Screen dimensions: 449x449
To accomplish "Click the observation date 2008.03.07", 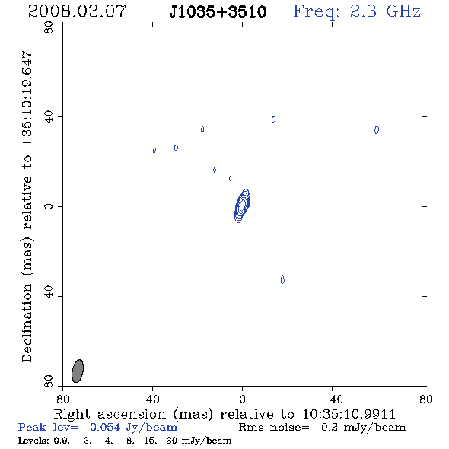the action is [77, 11].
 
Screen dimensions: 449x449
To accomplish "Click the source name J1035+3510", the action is [218, 11].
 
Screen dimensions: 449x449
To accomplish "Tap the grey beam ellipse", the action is [78, 371].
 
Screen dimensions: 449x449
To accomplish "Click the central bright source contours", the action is [242, 205].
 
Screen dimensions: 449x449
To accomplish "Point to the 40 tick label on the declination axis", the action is [49, 116].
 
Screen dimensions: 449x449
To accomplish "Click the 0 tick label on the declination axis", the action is [49, 206].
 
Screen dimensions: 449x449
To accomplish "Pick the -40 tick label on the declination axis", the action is [49, 296].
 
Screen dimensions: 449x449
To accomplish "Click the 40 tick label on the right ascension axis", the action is [152, 400].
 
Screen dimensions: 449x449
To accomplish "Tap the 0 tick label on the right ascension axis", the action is [242, 400].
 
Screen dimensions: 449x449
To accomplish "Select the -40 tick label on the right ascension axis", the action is [332, 400].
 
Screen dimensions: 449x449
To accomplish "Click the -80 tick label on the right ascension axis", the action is [422, 400].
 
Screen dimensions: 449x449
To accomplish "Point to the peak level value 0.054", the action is [105, 427].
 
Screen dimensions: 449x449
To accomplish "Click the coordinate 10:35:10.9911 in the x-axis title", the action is [349, 414].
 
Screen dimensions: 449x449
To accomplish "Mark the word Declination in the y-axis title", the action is [27, 323].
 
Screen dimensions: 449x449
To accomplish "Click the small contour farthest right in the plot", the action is [377, 129].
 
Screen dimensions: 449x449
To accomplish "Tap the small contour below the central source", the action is [282, 279].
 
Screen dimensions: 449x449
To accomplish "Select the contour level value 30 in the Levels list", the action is [171, 440].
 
